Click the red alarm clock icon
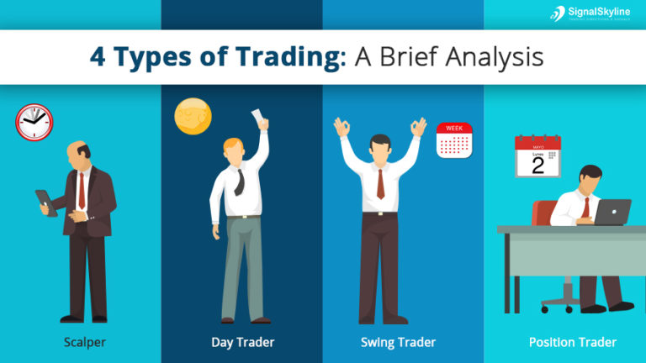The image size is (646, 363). (x=34, y=122)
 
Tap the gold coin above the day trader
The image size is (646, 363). (x=193, y=116)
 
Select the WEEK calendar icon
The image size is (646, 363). (x=454, y=140)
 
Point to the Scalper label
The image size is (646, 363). (x=84, y=342)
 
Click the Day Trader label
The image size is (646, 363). (x=242, y=342)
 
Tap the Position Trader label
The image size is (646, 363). (x=572, y=342)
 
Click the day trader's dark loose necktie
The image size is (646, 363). (x=239, y=180)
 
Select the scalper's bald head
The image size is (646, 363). (x=79, y=152)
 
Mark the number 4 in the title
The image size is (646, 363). (x=99, y=57)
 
